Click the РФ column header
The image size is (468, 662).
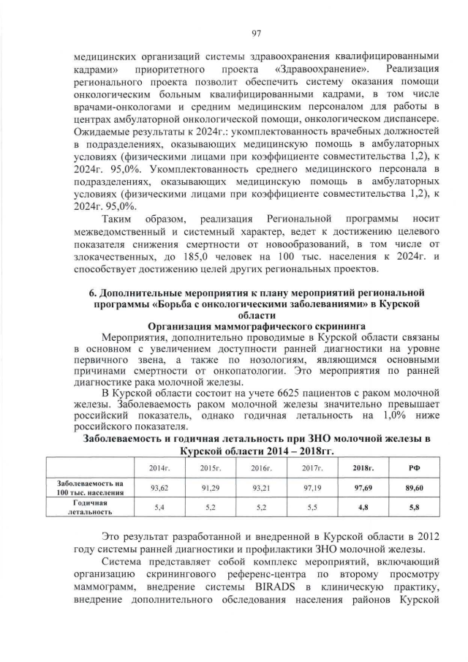(413, 466)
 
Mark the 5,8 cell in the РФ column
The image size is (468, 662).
(413, 506)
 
